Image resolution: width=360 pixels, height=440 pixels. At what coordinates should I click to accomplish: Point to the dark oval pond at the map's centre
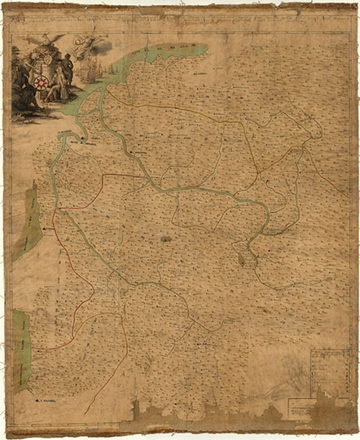point(165,239)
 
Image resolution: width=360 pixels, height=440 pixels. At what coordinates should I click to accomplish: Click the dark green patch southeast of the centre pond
point(242,259)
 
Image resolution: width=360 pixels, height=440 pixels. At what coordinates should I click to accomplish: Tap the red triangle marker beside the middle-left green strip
point(45,231)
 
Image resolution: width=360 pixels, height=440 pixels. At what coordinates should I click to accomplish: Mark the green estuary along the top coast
point(155,57)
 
